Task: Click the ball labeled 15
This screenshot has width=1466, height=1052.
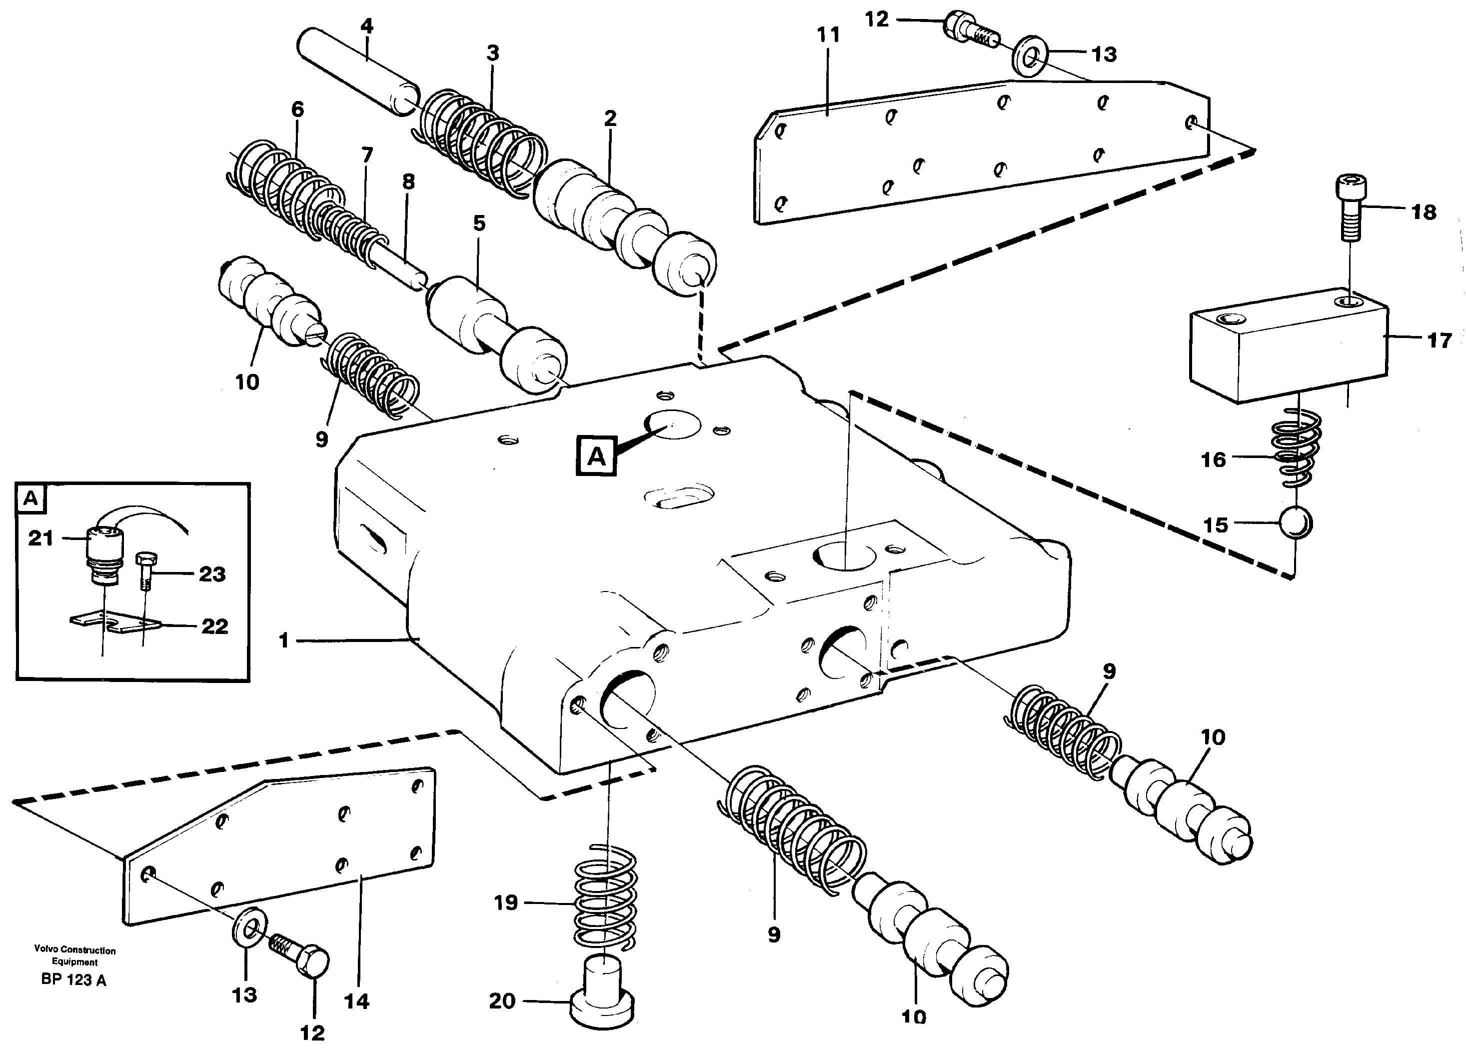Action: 1296,522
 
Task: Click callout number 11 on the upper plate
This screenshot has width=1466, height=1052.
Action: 828,35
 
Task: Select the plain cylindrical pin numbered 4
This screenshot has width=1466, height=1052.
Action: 357,71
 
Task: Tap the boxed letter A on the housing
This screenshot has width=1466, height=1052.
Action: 596,456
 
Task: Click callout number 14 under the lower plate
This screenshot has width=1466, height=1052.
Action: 356,1001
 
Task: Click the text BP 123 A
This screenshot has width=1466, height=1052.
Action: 73,979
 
